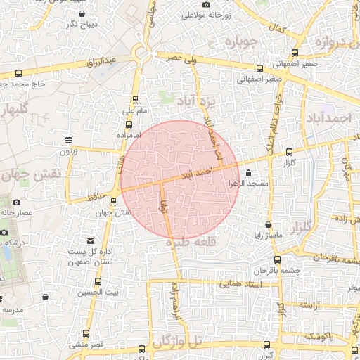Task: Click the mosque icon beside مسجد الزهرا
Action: (x=247, y=173)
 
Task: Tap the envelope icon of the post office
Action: (x=90, y=241)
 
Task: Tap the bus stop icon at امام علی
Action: (x=136, y=100)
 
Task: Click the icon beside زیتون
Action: (x=67, y=140)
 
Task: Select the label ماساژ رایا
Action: (x=269, y=235)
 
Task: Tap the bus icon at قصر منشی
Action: (x=86, y=334)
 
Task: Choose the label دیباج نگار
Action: (x=74, y=25)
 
